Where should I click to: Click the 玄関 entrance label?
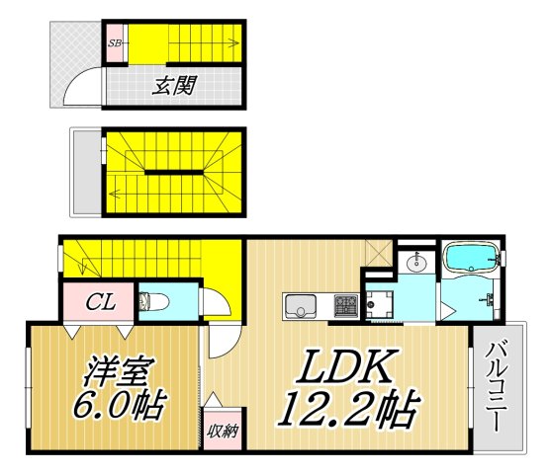(172, 85)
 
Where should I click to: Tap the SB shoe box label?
(115, 43)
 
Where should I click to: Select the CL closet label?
(96, 300)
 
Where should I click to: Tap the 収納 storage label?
(221, 431)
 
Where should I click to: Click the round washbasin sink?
(417, 263)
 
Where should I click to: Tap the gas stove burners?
(345, 306)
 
